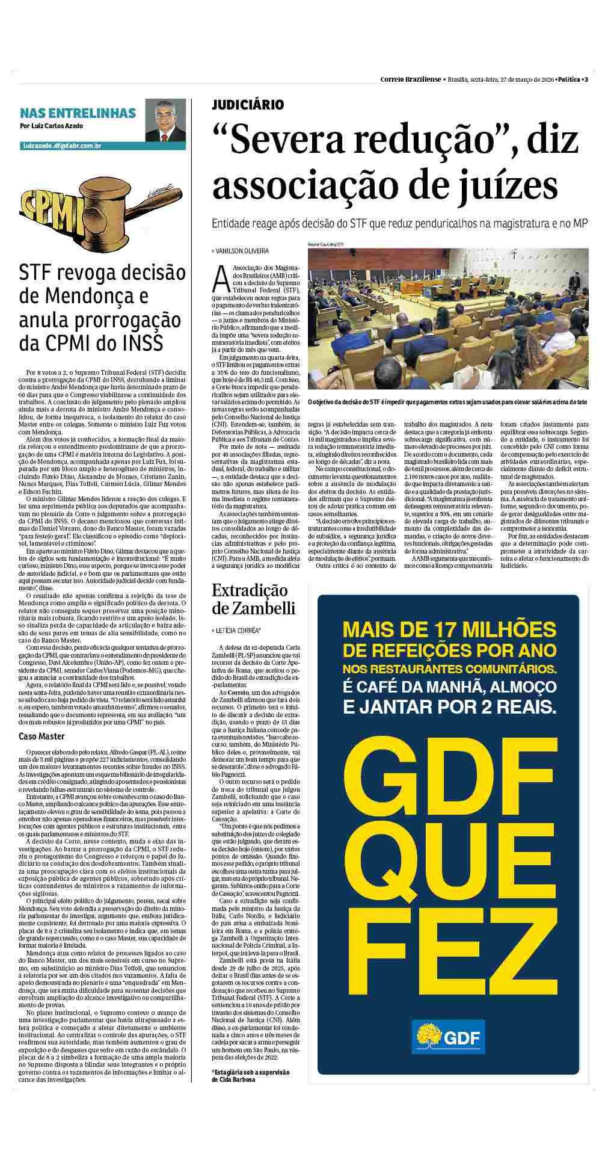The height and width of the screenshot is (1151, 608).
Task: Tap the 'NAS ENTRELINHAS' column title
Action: click(78, 113)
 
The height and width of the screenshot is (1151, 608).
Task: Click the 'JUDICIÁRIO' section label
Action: click(247, 105)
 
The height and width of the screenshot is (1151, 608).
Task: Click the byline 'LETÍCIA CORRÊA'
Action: click(236, 631)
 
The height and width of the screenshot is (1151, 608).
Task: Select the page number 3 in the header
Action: click(586, 80)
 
